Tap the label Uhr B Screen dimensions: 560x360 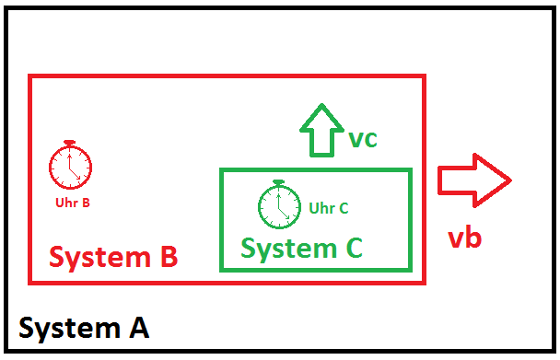[x=73, y=203]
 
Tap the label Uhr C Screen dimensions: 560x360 [x=329, y=208]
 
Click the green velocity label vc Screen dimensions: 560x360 [x=363, y=139]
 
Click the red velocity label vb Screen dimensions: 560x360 [x=464, y=238]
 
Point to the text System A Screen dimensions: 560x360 [x=84, y=329]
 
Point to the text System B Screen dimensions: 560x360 [x=113, y=257]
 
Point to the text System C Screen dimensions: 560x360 [x=302, y=249]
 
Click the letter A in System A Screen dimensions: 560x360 [x=139, y=327]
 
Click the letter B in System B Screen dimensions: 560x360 [x=169, y=256]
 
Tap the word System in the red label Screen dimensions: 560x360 [x=99, y=258]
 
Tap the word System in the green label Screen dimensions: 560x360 [x=289, y=250]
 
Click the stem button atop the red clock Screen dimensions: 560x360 [x=69, y=142]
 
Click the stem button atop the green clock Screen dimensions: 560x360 [x=278, y=182]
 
